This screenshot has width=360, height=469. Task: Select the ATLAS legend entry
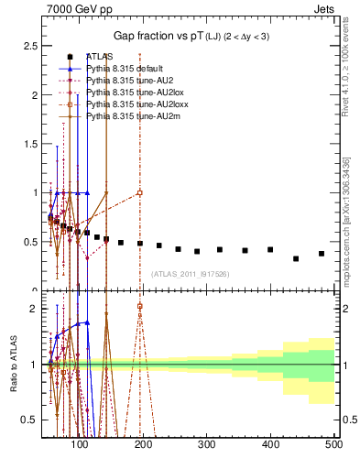point(100,57)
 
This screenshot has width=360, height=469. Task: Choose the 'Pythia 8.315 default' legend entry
point(127,69)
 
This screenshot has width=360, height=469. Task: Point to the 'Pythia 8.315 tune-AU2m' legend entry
point(133,116)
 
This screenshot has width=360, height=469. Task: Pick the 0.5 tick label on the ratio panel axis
point(34,420)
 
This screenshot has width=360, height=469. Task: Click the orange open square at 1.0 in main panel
point(139,192)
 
